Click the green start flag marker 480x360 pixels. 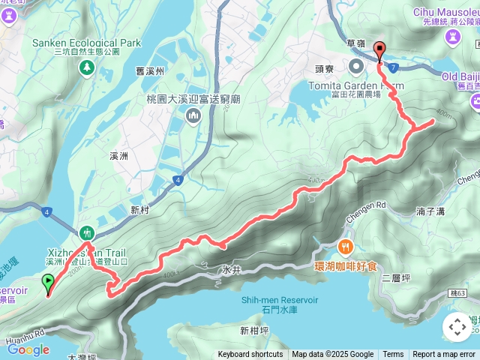tap(49, 283)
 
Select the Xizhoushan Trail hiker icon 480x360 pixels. tap(87, 232)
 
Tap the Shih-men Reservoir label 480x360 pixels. tap(281, 299)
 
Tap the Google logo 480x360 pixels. tap(28, 349)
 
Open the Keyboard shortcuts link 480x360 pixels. tap(250, 355)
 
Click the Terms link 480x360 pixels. tap(393, 355)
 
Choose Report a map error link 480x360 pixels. tap(444, 355)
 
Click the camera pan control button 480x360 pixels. tap(457, 327)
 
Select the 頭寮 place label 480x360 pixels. tap(324, 67)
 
